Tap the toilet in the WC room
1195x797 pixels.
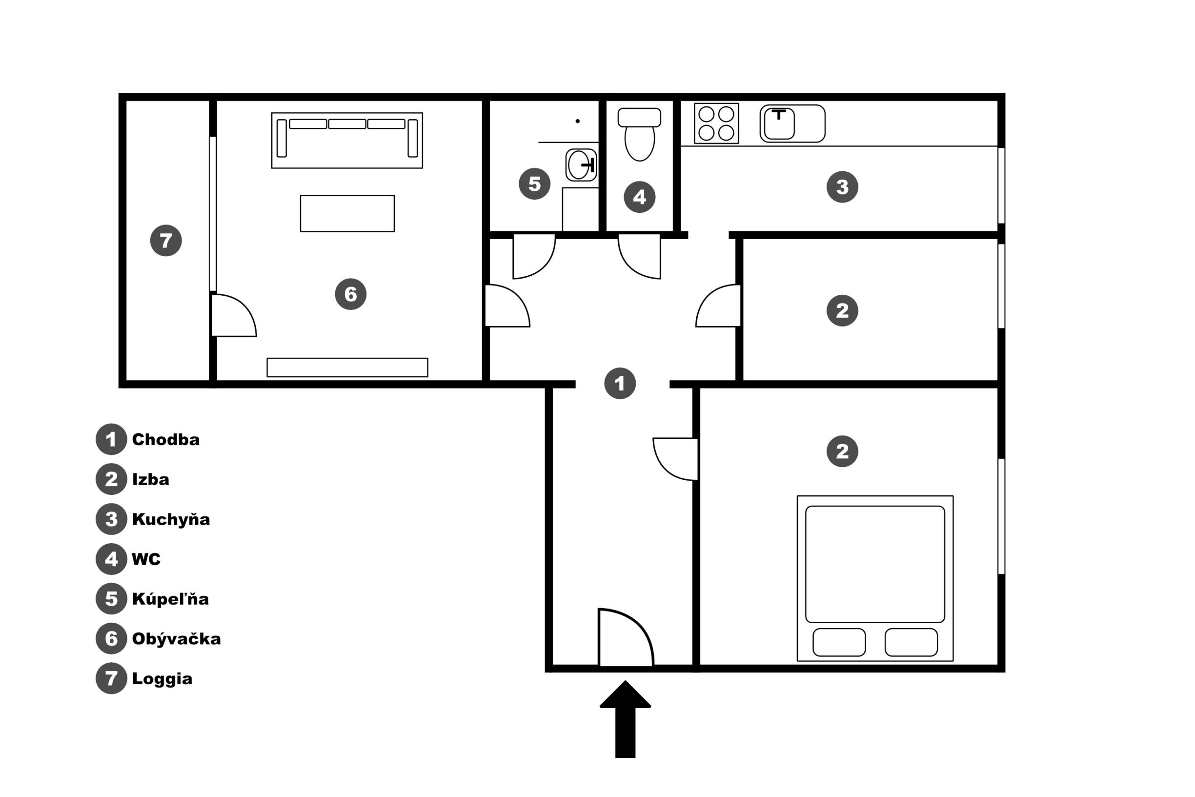(x=639, y=134)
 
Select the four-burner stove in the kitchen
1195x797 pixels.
(x=716, y=123)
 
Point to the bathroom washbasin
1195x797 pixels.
(x=581, y=164)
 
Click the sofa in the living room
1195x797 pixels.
(x=347, y=140)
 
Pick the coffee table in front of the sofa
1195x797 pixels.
(x=347, y=213)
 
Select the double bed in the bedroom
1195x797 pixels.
(x=875, y=578)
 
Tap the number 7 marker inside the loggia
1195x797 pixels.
(x=166, y=241)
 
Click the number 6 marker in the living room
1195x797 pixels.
(x=350, y=294)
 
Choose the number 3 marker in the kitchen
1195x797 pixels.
(x=842, y=187)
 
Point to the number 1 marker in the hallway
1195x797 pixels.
(x=620, y=383)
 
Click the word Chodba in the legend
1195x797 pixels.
(x=165, y=440)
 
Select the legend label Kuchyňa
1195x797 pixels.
(x=171, y=519)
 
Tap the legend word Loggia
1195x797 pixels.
(x=162, y=678)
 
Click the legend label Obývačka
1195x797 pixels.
(x=176, y=638)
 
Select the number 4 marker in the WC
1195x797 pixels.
(x=639, y=197)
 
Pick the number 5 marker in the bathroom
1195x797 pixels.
(x=534, y=184)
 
